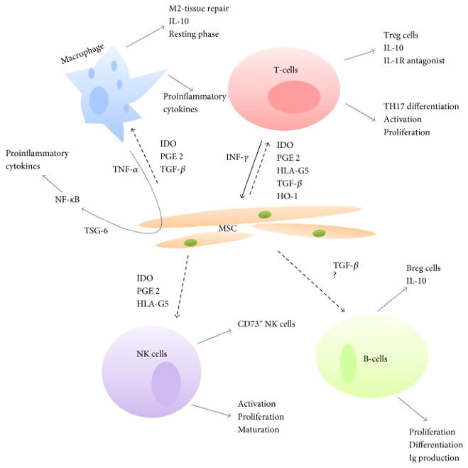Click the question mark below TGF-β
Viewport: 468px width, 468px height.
(x=335, y=276)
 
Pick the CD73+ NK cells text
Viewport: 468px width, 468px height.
(x=266, y=324)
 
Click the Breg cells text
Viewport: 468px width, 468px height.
(x=423, y=268)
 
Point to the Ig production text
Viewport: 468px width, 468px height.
(x=434, y=457)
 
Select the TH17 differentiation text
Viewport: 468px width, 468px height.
(x=422, y=106)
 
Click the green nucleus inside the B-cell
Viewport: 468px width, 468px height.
(x=348, y=362)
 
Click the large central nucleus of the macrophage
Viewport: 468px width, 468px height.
(x=99, y=98)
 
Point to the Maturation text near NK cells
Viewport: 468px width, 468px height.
(x=259, y=429)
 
